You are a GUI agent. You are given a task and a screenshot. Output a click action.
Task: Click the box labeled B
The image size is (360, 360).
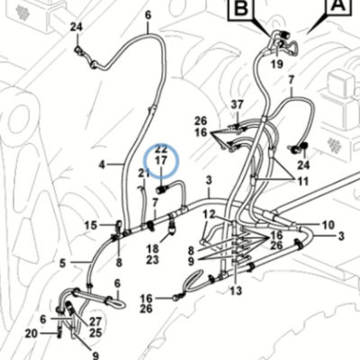pos(240,10)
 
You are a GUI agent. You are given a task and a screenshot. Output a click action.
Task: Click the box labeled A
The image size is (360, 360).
pos(340,6)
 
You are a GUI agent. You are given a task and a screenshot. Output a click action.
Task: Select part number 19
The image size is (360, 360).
pos(277,64)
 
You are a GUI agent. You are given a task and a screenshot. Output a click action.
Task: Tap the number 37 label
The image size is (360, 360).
pos(238,105)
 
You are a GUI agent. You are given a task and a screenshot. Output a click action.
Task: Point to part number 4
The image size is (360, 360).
pos(103,165)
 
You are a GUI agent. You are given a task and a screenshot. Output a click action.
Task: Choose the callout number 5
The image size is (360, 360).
pos(62,264)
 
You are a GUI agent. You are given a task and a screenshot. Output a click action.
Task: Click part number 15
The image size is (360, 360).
pos(91,225)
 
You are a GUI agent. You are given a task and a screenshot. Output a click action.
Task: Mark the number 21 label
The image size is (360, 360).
pos(144,173)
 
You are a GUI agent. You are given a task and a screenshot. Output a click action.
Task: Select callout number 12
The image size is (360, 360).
pos(209,214)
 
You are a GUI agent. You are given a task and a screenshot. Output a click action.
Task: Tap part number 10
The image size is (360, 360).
pos(328,225)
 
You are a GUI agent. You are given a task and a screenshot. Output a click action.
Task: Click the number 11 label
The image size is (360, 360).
pos(302,181)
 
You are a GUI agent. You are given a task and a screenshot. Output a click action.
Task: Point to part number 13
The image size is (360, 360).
pos(236,291)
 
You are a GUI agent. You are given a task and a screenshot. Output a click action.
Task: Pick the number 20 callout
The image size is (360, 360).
pos(31,333)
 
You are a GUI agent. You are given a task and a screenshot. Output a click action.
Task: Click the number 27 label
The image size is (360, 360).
pos(95,321)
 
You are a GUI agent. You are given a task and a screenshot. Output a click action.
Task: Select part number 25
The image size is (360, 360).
pos(95,333)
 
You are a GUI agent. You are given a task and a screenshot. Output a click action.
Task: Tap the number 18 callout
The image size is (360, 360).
pos(152,248)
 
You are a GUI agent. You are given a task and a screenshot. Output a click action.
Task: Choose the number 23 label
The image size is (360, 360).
pos(152,260)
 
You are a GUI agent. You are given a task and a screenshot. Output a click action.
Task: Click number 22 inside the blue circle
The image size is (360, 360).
pos(161,149)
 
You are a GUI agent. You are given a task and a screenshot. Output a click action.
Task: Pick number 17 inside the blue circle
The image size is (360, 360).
pos(161,160)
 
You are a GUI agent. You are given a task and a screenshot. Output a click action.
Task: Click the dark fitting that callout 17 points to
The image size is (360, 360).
pos(162,189)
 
